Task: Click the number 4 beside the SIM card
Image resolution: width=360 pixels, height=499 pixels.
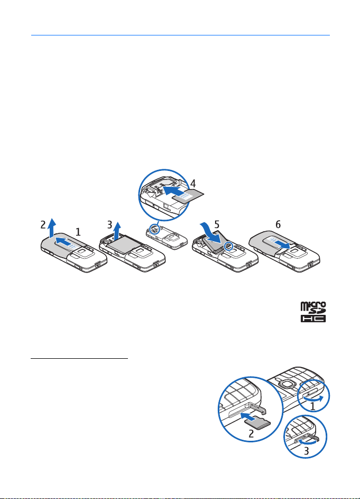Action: click(x=193, y=184)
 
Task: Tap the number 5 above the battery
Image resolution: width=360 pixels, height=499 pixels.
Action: click(x=217, y=224)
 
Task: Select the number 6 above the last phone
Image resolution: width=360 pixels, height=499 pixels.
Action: click(x=278, y=225)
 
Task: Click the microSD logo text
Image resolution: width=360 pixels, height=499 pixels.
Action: click(x=313, y=308)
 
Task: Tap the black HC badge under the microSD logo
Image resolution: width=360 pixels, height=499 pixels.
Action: click(x=313, y=319)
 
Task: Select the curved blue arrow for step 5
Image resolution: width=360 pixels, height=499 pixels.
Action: click(x=211, y=234)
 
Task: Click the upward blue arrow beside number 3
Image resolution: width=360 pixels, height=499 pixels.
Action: click(x=117, y=231)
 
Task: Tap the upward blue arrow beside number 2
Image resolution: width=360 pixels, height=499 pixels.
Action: click(x=52, y=229)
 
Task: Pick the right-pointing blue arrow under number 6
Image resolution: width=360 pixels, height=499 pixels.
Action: click(x=281, y=244)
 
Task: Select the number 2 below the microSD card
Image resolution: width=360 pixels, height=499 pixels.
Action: click(x=251, y=433)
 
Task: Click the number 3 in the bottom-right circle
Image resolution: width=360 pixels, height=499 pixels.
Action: click(x=306, y=451)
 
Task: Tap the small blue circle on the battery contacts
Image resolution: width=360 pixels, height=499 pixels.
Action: click(x=228, y=246)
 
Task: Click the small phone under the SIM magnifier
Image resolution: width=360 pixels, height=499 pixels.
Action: click(x=165, y=237)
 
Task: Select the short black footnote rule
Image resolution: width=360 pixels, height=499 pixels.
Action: click(x=79, y=359)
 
